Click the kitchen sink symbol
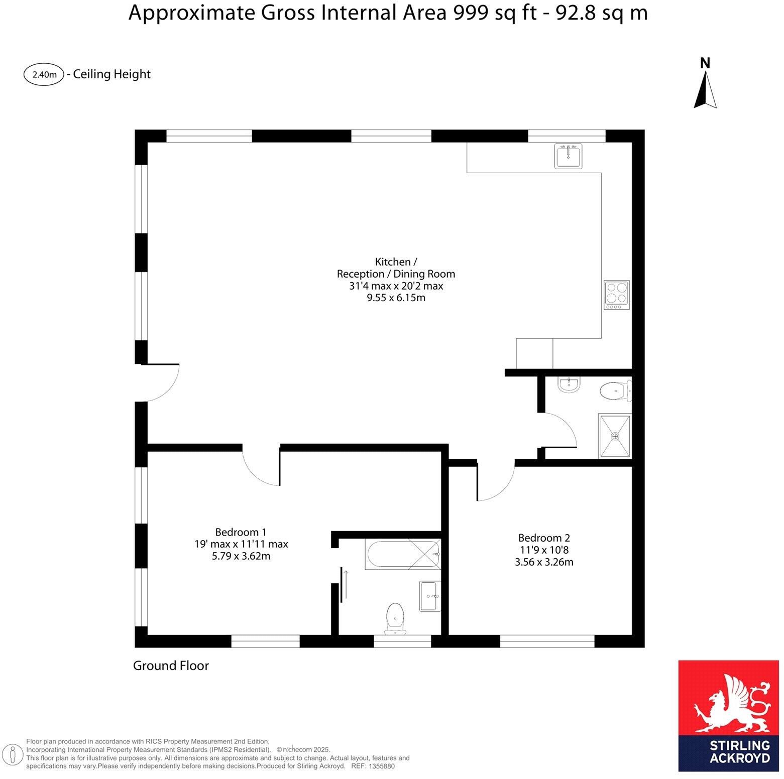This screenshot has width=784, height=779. point(569,156)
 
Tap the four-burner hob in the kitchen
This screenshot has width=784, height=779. point(617,295)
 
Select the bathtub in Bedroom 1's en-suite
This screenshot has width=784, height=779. point(404,554)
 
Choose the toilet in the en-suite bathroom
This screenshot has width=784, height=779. point(395,618)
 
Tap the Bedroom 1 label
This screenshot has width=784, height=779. point(241,532)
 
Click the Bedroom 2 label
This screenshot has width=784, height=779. point(544,538)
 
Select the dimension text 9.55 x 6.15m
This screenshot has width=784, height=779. point(396,298)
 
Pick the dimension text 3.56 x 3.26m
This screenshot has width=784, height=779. point(544,562)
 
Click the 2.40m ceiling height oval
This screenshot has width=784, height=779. point(44,75)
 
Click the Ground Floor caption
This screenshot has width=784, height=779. point(171,666)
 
